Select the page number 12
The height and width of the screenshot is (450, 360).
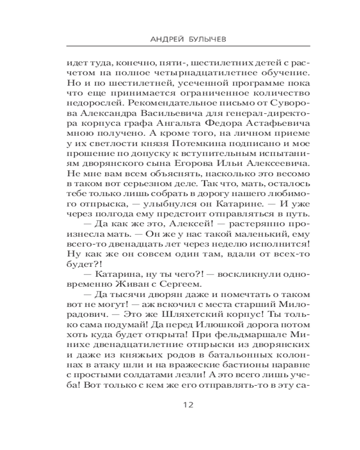188,405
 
